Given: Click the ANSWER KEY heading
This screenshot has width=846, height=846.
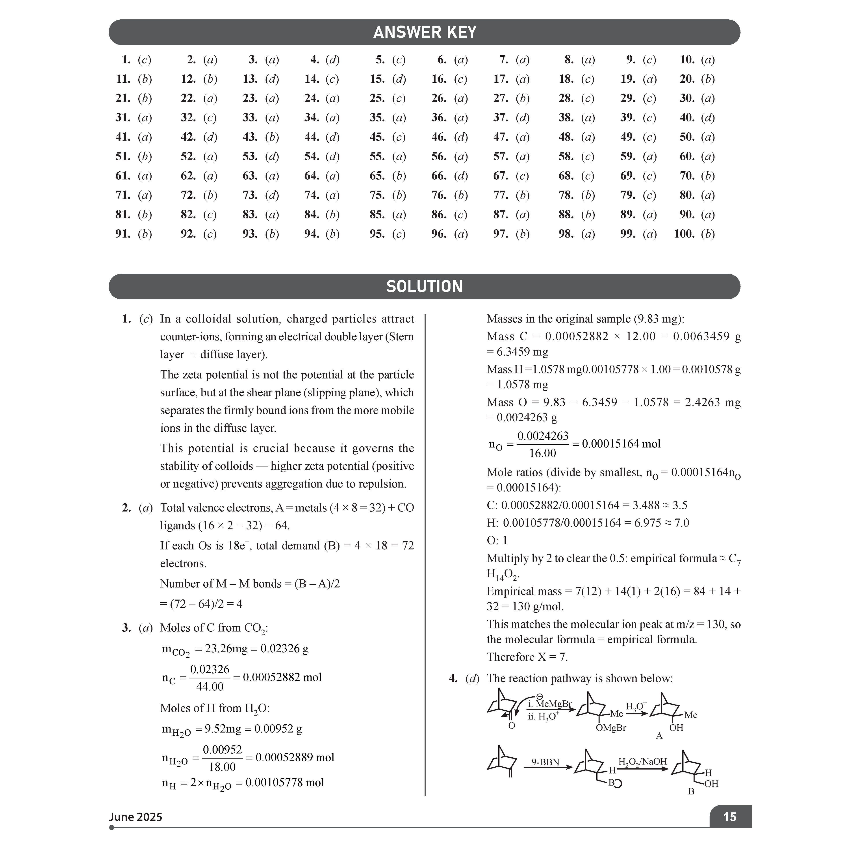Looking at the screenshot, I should [x=424, y=32].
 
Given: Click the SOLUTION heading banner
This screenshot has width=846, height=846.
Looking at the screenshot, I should [x=424, y=286].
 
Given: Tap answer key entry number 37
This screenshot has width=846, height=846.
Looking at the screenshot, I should [x=511, y=118].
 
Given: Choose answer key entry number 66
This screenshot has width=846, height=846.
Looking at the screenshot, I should [x=449, y=176].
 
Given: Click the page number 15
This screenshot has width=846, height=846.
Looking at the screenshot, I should [x=729, y=817].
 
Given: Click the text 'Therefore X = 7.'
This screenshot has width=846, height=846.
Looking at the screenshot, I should [x=527, y=657].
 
